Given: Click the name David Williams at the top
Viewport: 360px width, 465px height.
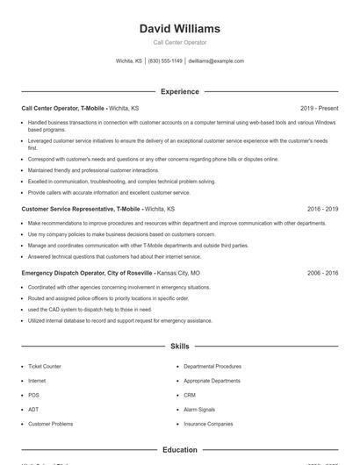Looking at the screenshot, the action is tap(180, 28).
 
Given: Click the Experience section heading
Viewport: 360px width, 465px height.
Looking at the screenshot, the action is tap(180, 91).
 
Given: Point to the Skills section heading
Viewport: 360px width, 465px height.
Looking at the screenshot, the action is tap(180, 347).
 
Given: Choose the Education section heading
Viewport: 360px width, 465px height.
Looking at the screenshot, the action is tap(180, 450).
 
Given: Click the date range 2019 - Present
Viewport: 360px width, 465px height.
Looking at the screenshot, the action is tap(319, 108).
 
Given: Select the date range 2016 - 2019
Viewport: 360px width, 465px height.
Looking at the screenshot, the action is tap(322, 210).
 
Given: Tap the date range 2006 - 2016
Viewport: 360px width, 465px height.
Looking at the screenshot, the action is tap(322, 273).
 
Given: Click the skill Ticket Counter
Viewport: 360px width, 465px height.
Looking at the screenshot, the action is tap(45, 366).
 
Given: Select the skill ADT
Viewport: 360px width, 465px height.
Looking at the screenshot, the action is tap(33, 409).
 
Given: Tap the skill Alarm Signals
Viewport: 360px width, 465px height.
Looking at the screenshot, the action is tap(199, 409).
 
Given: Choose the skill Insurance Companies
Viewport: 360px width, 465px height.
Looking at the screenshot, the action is tap(208, 424).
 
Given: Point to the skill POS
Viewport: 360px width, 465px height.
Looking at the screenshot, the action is tap(33, 395).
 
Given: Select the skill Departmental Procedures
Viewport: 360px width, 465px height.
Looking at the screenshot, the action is tap(212, 366).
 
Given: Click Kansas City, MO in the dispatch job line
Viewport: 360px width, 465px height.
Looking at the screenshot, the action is tap(177, 273).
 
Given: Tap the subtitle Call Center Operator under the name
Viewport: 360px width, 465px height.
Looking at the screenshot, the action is tap(180, 42).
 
